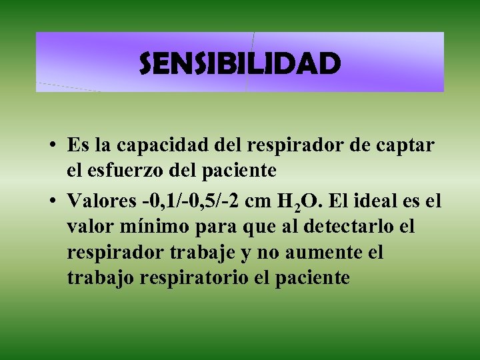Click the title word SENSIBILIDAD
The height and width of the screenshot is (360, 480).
point(240,64)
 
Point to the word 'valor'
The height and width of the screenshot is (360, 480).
point(88,227)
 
